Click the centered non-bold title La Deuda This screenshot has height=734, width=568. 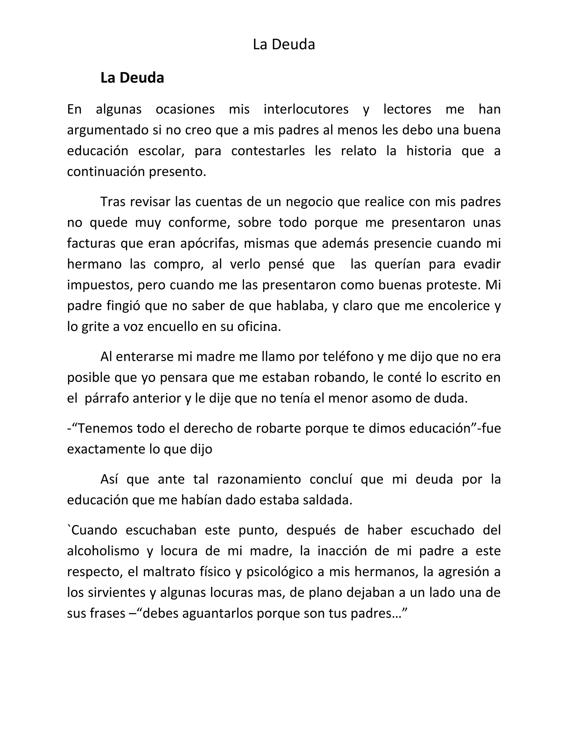tap(284, 45)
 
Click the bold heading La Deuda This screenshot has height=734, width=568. tap(132, 78)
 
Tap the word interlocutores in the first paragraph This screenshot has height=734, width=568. tap(306, 110)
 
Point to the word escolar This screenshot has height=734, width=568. tap(161, 151)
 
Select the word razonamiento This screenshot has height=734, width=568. tap(259, 479)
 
